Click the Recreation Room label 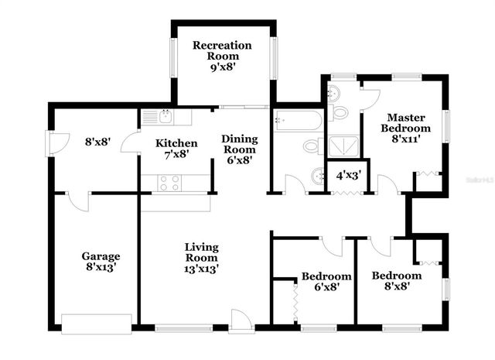221,56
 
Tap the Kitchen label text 176,149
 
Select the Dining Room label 239,149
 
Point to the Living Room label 201,259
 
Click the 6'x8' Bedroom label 326,281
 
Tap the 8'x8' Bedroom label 396,280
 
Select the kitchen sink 165,117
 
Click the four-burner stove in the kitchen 169,183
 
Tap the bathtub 298,121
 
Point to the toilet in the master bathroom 339,113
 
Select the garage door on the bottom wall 97,322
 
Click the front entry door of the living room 241,322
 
